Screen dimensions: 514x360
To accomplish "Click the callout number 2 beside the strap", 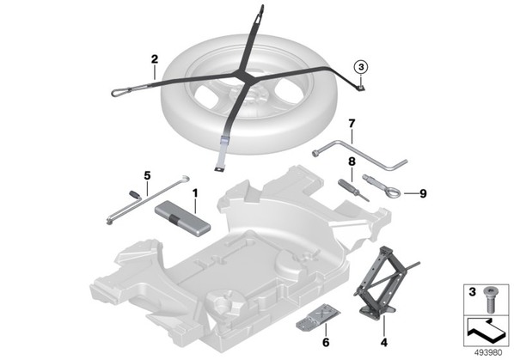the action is coord(155,59).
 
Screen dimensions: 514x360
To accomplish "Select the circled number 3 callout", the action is coord(361,67).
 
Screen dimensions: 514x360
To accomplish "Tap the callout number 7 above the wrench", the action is coord(352,124).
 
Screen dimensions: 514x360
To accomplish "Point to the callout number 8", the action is coord(352,162).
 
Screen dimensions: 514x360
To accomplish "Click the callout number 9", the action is coord(423,193).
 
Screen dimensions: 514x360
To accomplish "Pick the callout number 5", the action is coord(147,175).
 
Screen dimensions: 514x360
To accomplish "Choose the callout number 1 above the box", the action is coord(195,193).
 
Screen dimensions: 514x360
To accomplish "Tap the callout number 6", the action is coord(326,342).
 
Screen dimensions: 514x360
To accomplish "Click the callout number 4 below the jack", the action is coord(384,342).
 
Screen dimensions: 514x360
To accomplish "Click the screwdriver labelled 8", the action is coord(353,190).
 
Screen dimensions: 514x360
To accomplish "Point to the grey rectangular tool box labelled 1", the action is coord(182,218).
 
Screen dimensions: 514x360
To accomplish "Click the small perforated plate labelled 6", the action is coord(318,316).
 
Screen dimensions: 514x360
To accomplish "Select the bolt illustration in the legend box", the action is coord(490,300).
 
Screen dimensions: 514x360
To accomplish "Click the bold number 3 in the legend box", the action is coord(472,292).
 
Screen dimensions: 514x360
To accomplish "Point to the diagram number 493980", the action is coord(488,353).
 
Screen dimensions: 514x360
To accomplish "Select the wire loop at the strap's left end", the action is coord(122,92).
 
